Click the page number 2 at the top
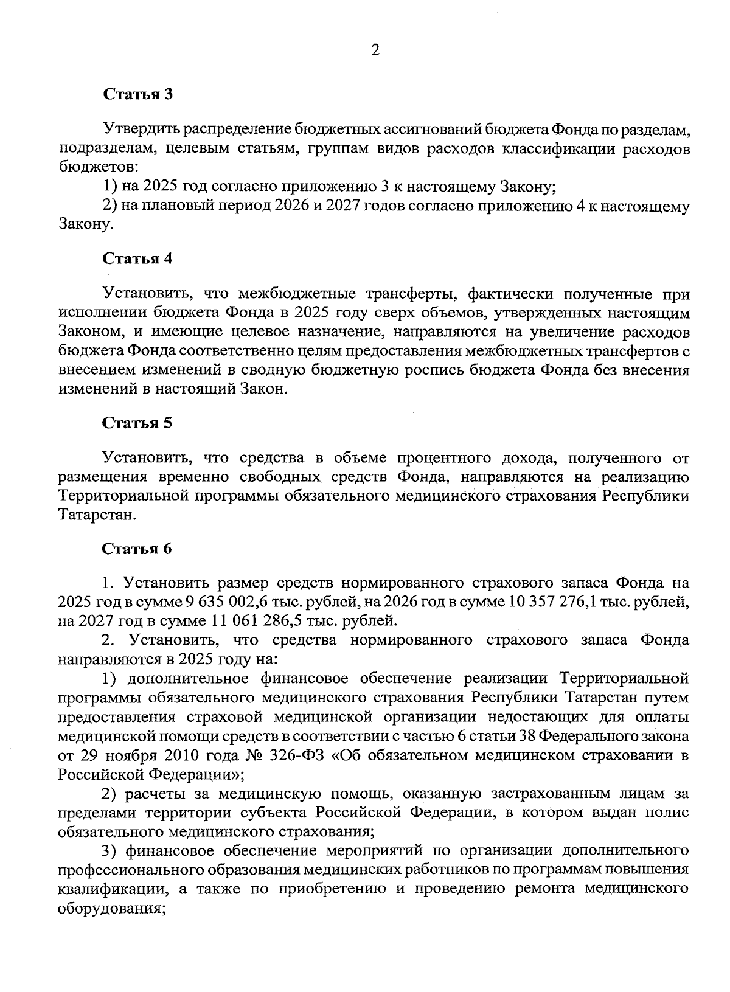pyautogui.click(x=375, y=50)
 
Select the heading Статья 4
pyautogui.click(x=137, y=258)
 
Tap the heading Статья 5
pyautogui.click(x=137, y=423)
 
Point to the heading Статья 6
pyautogui.click(x=137, y=549)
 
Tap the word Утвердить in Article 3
pyautogui.click(x=142, y=129)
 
